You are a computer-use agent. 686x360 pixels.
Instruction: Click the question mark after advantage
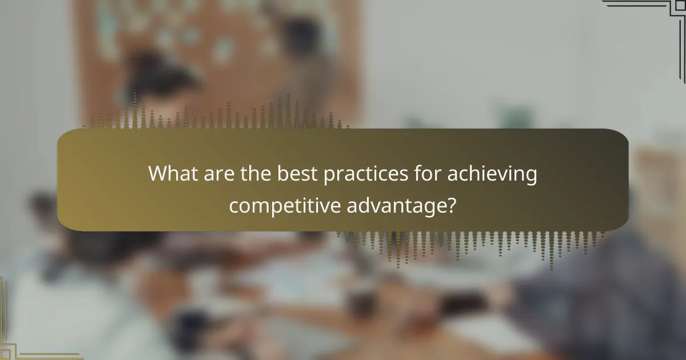click(450, 203)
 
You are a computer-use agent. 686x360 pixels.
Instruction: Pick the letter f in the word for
click(415, 173)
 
